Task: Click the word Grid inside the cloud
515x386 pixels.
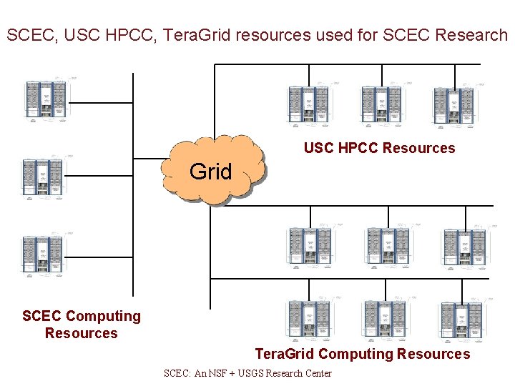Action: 210,172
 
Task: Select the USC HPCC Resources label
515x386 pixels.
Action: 379,148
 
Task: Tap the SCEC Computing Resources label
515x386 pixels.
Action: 82,325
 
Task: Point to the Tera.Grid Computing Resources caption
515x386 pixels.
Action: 363,354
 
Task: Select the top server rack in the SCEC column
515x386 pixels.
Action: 46,99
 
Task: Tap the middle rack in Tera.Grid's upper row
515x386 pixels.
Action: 386,247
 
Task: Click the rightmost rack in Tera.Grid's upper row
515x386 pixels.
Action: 463,247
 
